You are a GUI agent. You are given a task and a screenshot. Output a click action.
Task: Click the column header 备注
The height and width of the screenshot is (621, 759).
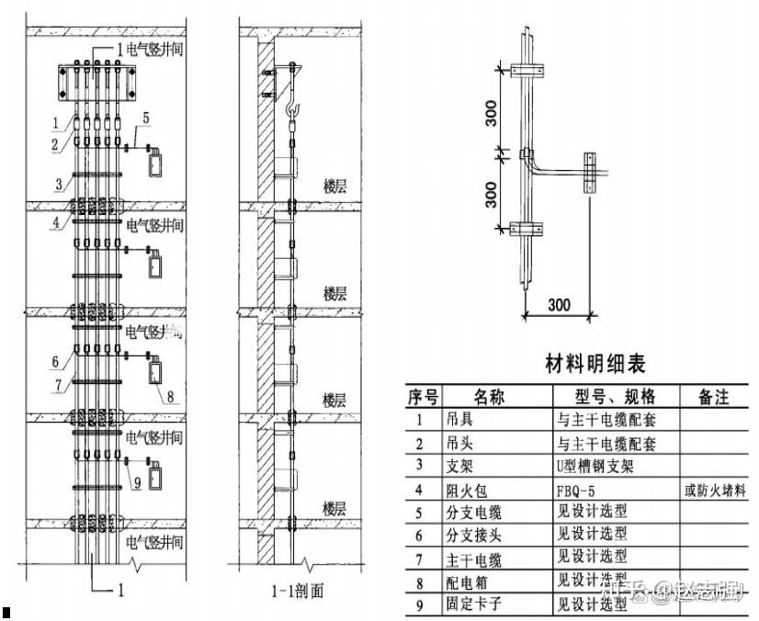point(713,397)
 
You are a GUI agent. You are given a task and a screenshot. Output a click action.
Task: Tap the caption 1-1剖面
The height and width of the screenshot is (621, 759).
point(298,591)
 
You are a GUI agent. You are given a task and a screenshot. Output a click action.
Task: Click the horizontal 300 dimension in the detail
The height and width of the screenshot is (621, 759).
point(561,305)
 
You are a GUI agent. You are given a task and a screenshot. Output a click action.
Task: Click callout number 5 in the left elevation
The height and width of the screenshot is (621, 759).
point(147,116)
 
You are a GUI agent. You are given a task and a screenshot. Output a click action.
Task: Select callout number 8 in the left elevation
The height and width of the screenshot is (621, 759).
point(171,397)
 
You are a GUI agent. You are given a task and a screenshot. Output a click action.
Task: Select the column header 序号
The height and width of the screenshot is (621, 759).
point(423,397)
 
